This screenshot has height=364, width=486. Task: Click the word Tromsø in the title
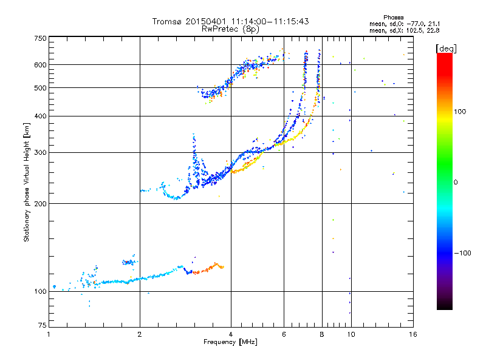[x=168, y=21]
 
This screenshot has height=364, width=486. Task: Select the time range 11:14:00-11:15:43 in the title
[x=270, y=21]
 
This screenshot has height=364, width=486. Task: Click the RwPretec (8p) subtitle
[x=230, y=29]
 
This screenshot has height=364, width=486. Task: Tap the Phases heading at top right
[x=393, y=18]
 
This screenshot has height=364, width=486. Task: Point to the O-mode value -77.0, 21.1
[x=423, y=24]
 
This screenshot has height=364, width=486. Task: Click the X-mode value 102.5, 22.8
[x=423, y=30]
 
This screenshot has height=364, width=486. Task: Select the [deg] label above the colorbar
[x=446, y=49]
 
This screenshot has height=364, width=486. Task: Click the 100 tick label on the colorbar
[x=460, y=112]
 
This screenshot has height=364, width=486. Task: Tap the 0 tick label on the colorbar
[x=455, y=183]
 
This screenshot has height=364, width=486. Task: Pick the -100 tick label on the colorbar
[x=462, y=253]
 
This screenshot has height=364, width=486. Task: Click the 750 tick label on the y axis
[x=41, y=38]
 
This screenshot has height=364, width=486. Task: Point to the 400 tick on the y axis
[x=41, y=116]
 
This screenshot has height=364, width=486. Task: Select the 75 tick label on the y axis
[x=43, y=325]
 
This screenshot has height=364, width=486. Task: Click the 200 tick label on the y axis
[x=41, y=204]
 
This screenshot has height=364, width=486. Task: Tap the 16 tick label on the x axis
[x=413, y=334]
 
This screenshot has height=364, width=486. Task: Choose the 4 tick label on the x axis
[x=231, y=334]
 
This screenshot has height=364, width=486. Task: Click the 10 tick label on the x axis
[x=351, y=334]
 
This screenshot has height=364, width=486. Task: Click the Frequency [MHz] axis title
[x=230, y=342]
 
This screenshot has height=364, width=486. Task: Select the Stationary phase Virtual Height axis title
[x=27, y=183]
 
